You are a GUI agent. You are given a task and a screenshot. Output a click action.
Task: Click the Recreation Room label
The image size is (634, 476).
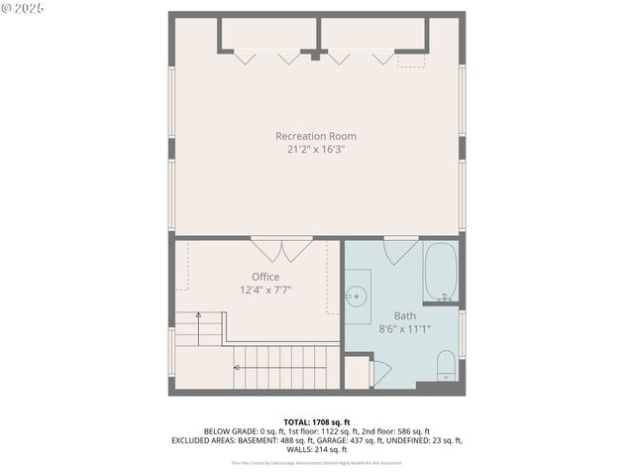coord(315,136)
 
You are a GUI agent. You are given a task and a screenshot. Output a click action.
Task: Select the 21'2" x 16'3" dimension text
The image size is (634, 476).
coord(315,150)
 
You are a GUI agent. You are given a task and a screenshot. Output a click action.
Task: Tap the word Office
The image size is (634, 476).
coord(265,277)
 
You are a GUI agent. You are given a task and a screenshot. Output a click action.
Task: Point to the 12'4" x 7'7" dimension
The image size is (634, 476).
coord(265,291)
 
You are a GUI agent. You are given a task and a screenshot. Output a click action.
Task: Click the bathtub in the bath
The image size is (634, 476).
coord(440,273)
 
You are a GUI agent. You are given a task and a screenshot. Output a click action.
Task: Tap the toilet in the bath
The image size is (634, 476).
coord(445,365)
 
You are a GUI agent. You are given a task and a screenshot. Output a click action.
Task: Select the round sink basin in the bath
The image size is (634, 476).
coord(357,295)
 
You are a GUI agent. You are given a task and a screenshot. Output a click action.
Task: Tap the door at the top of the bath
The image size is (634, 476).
coord(400,250)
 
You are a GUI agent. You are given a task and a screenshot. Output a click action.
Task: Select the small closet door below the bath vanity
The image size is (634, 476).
coord(381,373)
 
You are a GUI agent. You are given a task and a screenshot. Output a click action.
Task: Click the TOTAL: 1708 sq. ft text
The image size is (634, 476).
coord(317,422)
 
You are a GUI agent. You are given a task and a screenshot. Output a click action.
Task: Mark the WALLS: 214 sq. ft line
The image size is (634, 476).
coord(317,449)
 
